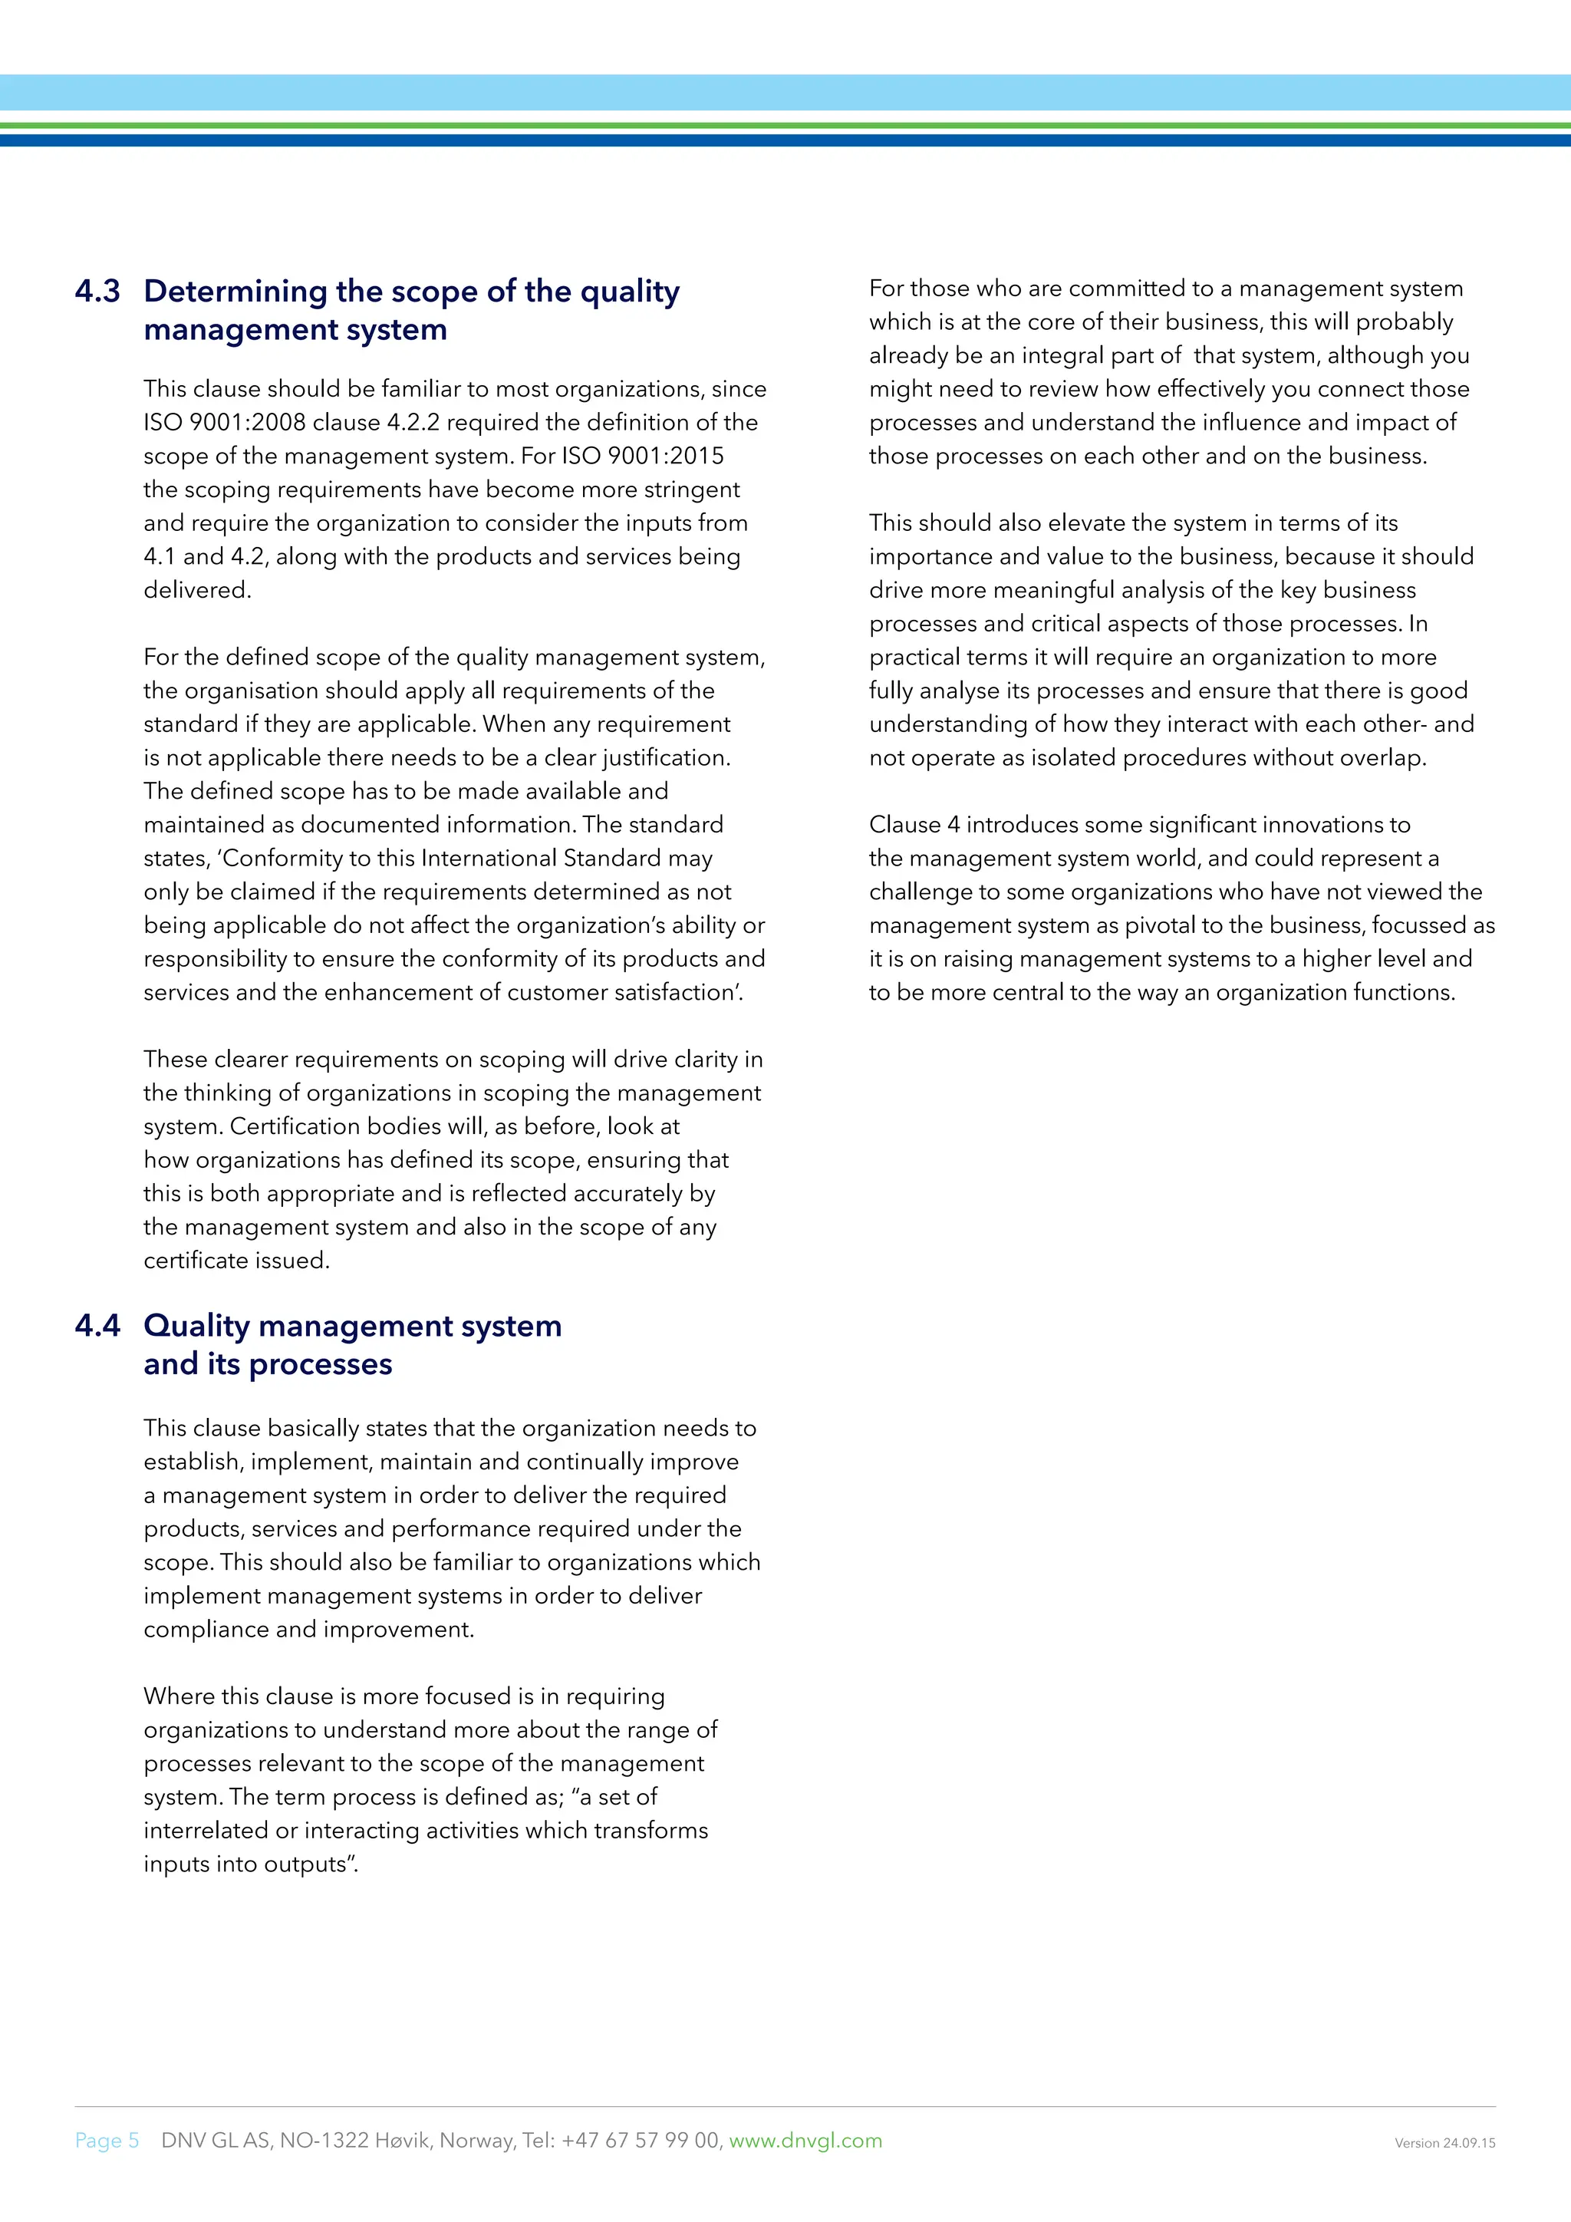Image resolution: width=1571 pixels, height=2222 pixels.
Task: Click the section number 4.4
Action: [97, 1325]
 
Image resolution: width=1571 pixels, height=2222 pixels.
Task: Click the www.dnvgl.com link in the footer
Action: [805, 2140]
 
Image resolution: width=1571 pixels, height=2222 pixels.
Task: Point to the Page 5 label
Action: [107, 2140]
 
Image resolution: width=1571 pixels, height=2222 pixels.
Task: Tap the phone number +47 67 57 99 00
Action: [641, 2140]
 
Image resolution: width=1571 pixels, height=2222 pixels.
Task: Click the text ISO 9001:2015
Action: [642, 456]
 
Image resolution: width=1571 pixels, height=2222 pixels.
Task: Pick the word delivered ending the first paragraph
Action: [196, 590]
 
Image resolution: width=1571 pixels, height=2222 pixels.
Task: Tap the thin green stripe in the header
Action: [785, 125]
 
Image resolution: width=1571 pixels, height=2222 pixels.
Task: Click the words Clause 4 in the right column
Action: [913, 825]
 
